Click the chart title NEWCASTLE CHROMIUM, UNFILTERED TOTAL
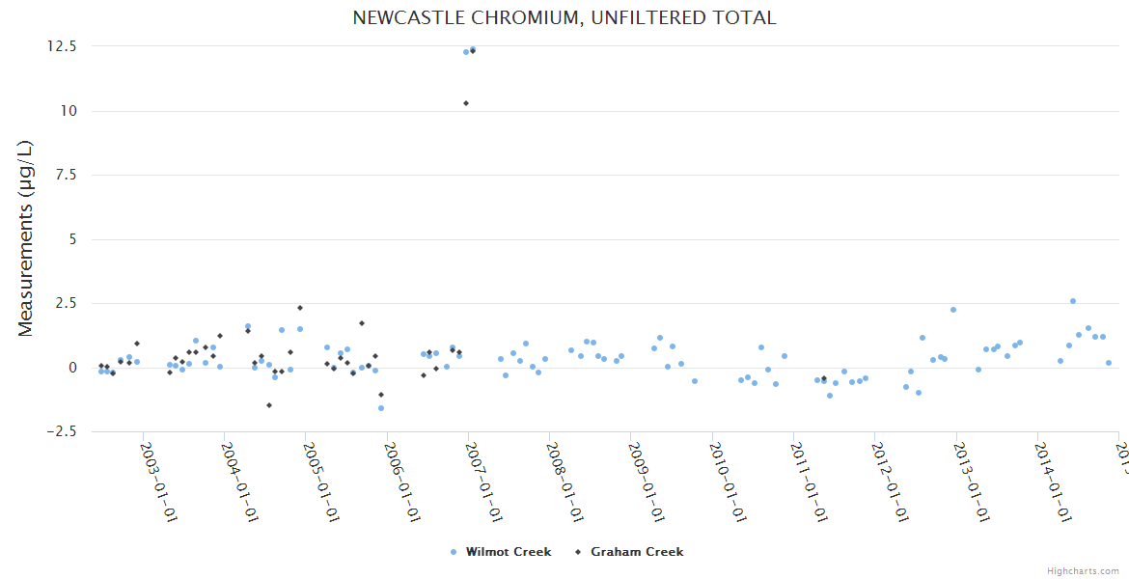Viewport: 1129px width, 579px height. [564, 17]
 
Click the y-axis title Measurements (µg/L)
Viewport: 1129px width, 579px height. [26, 238]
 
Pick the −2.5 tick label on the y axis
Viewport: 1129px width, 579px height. [60, 431]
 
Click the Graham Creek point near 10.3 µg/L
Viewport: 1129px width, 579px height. [466, 103]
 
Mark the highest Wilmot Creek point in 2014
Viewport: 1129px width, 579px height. [1072, 301]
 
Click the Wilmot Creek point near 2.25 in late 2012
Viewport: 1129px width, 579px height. [953, 310]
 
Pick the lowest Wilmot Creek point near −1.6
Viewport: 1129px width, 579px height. [381, 408]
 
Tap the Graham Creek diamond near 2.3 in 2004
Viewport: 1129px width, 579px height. [300, 308]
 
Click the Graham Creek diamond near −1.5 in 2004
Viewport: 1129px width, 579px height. [269, 405]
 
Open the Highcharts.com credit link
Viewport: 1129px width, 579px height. [1083, 571]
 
